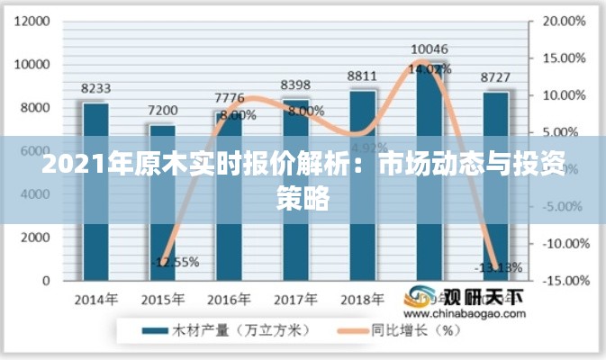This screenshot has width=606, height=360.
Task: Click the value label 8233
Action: (x=95, y=88)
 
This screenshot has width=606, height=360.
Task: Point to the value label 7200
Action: (x=162, y=111)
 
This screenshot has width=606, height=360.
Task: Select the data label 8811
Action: (x=362, y=76)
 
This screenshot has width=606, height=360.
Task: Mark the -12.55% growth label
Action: (x=175, y=263)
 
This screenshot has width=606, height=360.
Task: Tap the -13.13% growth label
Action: (x=498, y=266)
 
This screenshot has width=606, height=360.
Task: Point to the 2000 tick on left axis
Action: (x=35, y=238)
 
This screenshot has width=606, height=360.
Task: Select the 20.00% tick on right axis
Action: (x=564, y=21)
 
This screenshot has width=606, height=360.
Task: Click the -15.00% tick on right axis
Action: (x=563, y=281)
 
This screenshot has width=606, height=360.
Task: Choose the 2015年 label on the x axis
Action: (x=162, y=299)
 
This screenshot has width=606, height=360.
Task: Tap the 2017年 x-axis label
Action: (x=295, y=299)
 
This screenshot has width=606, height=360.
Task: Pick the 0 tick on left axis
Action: (x=45, y=281)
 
